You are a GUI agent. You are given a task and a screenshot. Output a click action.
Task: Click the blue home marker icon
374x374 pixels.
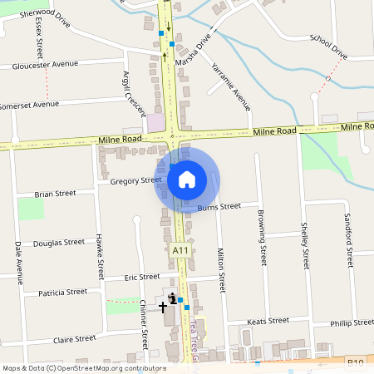(x=187, y=179)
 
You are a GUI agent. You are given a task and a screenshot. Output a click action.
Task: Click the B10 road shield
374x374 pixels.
(x=357, y=362)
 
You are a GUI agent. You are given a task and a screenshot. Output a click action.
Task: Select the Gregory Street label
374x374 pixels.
(x=135, y=180)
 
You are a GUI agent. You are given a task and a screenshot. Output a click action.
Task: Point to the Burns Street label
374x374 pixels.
(x=220, y=205)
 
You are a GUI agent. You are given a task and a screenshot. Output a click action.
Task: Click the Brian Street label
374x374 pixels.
(x=55, y=194)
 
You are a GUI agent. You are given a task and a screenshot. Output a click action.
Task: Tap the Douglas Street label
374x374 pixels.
(x=59, y=243)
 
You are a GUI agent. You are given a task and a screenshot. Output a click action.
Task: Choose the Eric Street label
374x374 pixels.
(x=141, y=277)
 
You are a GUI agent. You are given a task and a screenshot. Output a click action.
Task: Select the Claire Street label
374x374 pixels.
(x=75, y=339)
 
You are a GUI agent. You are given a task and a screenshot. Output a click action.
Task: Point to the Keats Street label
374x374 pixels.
(x=268, y=320)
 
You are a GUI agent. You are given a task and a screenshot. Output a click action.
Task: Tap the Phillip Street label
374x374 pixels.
(x=352, y=322)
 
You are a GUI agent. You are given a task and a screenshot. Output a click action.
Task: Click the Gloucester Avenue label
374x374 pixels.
(x=46, y=64)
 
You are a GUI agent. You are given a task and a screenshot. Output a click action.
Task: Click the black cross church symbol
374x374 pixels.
(x=163, y=307)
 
